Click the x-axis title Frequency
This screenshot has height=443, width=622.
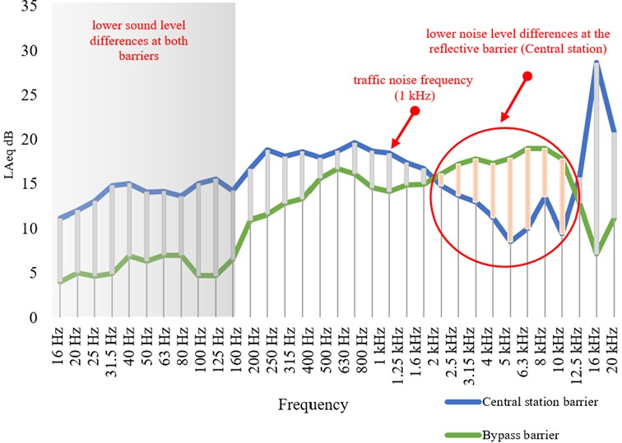(313, 404)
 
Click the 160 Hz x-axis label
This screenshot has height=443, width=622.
(234, 348)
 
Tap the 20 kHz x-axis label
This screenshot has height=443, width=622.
(613, 347)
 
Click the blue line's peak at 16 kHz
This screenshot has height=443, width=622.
(596, 62)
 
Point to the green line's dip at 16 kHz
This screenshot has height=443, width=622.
(596, 255)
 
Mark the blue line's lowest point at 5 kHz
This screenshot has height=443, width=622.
(510, 242)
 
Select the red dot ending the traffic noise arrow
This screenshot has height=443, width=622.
(416, 110)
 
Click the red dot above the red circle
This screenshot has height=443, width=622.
(528, 76)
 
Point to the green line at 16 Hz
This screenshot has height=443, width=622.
(60, 282)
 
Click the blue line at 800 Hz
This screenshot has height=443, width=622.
(355, 143)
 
